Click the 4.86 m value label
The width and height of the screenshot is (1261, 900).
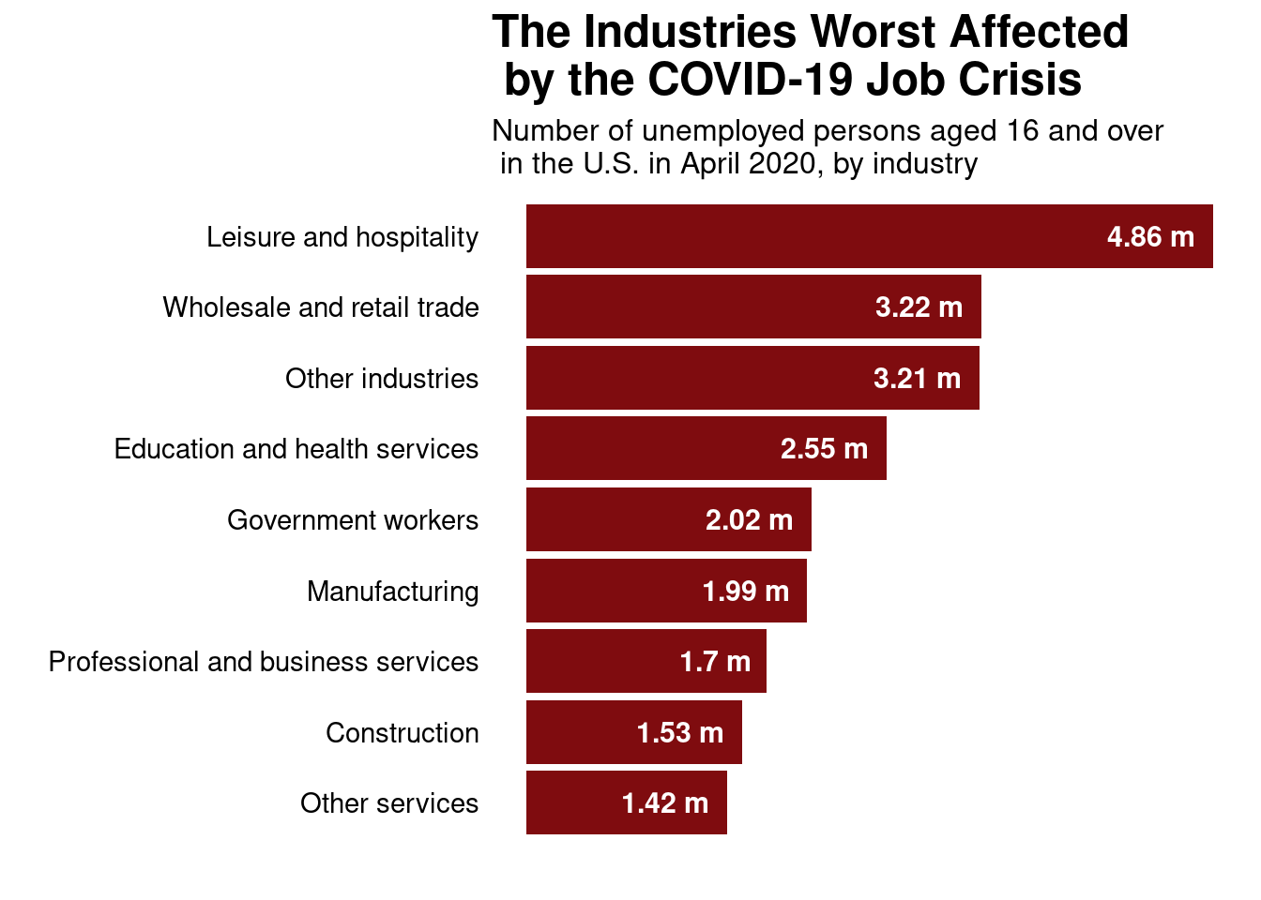tap(1150, 237)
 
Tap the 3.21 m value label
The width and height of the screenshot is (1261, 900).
tap(917, 379)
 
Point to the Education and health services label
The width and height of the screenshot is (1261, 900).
tap(296, 449)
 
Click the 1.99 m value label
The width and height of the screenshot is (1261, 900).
tap(745, 592)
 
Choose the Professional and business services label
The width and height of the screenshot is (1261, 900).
tap(264, 662)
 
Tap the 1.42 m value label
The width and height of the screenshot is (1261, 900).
tap(664, 803)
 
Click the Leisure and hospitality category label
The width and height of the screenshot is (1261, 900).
tap(342, 237)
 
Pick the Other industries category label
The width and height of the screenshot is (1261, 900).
tap(382, 379)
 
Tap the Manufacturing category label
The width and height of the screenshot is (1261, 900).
tap(393, 592)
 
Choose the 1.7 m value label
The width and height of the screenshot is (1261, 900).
tap(715, 662)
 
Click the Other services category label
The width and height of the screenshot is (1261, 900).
tap(389, 803)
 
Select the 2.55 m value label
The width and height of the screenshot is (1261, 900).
tap(824, 449)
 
